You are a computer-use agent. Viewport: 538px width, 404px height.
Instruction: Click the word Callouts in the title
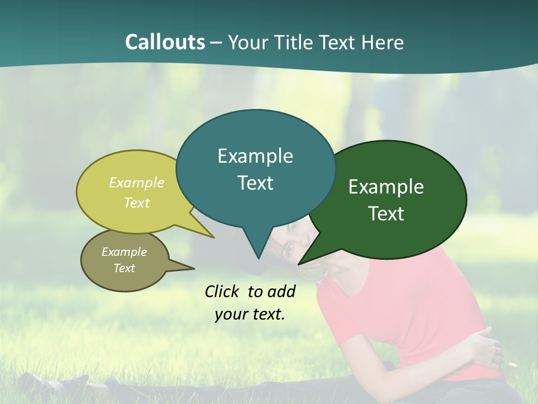pos(165,42)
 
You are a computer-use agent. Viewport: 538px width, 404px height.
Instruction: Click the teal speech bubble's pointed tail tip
pos(258,258)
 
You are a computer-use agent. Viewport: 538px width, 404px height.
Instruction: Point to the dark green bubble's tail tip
pos(299,264)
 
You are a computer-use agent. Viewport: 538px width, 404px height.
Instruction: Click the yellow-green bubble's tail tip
pos(214,237)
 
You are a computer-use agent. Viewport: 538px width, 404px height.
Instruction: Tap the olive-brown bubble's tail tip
pos(194,268)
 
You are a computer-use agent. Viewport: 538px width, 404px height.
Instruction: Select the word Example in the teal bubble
pos(255,155)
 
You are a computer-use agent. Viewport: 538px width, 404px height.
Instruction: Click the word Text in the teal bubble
pos(255,182)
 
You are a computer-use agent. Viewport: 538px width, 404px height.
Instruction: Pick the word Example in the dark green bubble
pos(386,187)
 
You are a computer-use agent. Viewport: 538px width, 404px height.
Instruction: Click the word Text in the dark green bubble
pos(386,214)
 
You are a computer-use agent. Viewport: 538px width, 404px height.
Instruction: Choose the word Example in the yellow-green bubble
pos(136,183)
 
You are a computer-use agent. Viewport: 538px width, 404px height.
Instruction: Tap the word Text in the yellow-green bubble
pos(136,203)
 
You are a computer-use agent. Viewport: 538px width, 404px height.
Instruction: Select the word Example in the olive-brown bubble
pos(124,252)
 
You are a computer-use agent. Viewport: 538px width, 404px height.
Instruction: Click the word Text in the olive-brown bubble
pos(124,268)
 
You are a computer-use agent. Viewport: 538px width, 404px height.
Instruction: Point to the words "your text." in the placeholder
pos(249,314)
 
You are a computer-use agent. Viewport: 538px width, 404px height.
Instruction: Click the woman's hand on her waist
pos(485,343)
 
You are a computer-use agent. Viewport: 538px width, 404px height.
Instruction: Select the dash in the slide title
pos(217,43)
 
